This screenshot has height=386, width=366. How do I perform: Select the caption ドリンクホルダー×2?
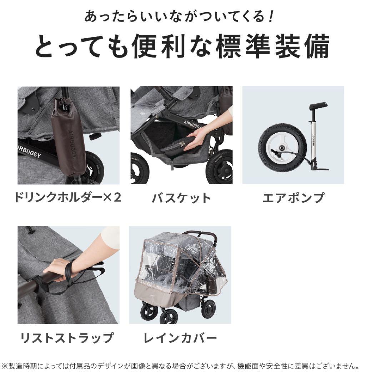coord(68,197)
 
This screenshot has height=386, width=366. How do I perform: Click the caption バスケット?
coord(181,198)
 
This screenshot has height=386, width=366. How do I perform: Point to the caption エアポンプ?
coord(293,198)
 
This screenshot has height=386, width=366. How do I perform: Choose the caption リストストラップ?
coord(67,337)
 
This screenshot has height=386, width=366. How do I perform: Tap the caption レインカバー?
coord(180,337)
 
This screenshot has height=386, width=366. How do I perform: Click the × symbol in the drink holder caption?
coord(107,197)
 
